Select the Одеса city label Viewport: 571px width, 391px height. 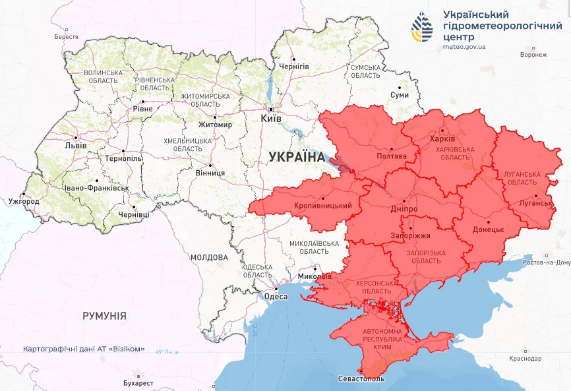pos(276,297)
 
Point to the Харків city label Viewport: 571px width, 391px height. pos(441,140)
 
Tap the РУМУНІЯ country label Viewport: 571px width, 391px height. pos(104,316)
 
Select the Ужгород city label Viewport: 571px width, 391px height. pos(24,201)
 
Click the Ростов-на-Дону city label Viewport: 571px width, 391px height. pos(545,262)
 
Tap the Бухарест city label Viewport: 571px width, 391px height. pos(138,382)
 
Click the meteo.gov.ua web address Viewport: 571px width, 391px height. pos(464,47)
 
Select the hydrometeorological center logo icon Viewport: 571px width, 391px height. pos(425,27)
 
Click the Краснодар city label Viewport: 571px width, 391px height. pos(525,358)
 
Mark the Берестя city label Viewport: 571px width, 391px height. pos(66,37)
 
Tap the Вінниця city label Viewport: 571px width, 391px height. pos(210,173)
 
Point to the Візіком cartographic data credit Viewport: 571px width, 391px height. pos(83,349)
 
